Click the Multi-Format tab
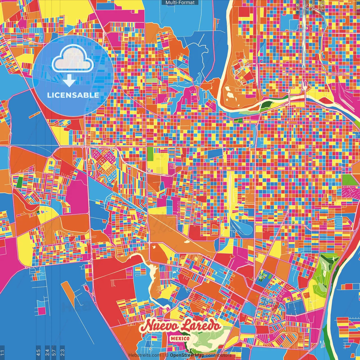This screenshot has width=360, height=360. [180, 3]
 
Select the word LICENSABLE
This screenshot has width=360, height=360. [73, 95]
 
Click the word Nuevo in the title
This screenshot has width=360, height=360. [159, 327]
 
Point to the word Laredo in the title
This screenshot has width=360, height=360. [201, 326]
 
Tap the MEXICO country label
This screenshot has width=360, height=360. [180, 338]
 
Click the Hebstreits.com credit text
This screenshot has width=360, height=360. [145, 355]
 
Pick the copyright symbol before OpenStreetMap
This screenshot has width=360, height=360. [167, 355]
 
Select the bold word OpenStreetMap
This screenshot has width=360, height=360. [187, 355]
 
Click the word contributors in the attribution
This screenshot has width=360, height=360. [218, 355]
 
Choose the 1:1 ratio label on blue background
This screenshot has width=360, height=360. [2, 352]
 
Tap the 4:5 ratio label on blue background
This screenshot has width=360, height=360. [38, 352]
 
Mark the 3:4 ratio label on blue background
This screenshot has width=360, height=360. [47, 352]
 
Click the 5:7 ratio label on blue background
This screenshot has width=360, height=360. [54, 352]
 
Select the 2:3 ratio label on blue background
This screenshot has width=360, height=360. [62, 352]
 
